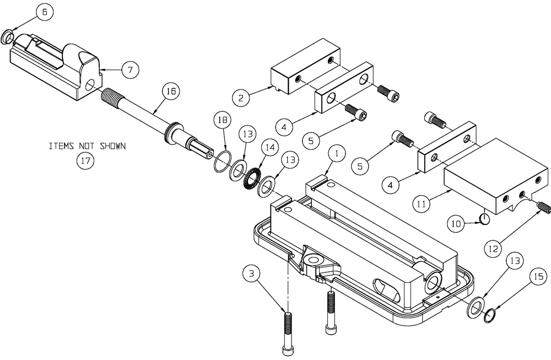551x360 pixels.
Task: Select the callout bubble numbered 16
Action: click(x=170, y=92)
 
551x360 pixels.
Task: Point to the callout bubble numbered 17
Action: click(x=85, y=160)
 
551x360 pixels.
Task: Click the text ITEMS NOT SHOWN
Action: click(x=87, y=147)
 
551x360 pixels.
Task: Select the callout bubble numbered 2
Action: click(x=240, y=98)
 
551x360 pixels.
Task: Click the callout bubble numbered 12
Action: click(x=494, y=248)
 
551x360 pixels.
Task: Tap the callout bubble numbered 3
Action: click(x=251, y=273)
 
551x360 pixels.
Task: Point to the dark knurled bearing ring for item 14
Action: click(x=253, y=178)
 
